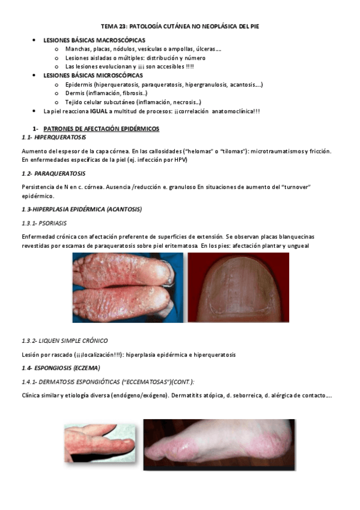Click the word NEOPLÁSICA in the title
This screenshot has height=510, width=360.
coord(218,27)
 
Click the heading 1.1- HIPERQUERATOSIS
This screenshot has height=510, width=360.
coord(53,138)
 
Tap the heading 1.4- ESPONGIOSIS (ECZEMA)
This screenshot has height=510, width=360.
coord(61,367)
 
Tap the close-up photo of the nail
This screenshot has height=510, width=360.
coord(238,287)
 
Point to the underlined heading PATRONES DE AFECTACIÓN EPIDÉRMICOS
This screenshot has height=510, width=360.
coord(102,129)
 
